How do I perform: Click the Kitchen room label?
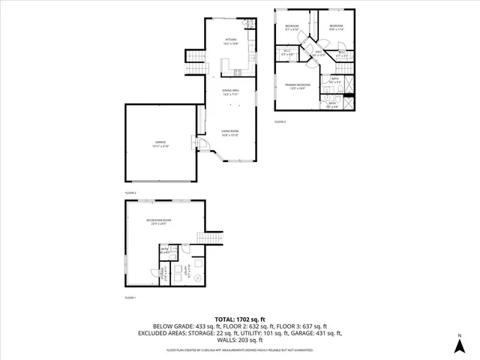point(231,41)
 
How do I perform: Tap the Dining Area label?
point(230,93)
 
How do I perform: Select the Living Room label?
point(229,133)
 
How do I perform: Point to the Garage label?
point(161,144)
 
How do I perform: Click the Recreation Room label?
point(159,220)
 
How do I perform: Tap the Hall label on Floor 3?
point(318,53)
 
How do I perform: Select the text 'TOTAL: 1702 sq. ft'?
point(240,319)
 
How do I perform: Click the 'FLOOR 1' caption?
point(131,298)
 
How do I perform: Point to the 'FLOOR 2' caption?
point(131,192)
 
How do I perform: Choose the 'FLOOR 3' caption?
point(280,121)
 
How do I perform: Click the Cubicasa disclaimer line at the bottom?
point(240,349)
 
